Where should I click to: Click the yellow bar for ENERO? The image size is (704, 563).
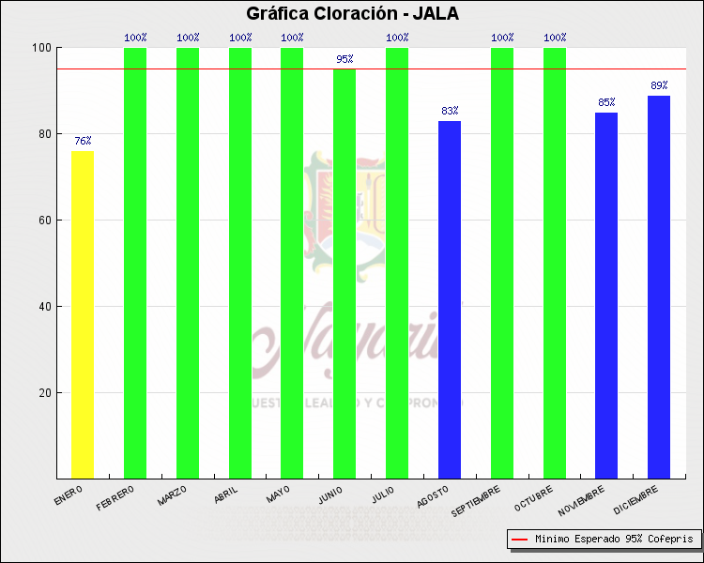[83, 314]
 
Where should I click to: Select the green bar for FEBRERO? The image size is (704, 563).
[135, 263]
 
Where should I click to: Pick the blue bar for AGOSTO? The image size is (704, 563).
[450, 299]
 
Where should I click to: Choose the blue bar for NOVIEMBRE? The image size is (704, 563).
[606, 296]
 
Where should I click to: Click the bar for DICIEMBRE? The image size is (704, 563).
[659, 287]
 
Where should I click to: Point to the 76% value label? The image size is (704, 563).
[83, 142]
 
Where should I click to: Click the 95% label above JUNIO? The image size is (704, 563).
[344, 60]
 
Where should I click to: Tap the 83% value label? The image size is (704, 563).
[450, 111]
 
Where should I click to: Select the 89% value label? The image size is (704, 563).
[659, 85]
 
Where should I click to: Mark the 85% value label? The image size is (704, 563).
[606, 102]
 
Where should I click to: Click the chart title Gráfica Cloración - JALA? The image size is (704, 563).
[352, 14]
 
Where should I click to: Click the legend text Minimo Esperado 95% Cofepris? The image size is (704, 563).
[614, 540]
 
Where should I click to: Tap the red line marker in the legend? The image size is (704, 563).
[519, 540]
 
